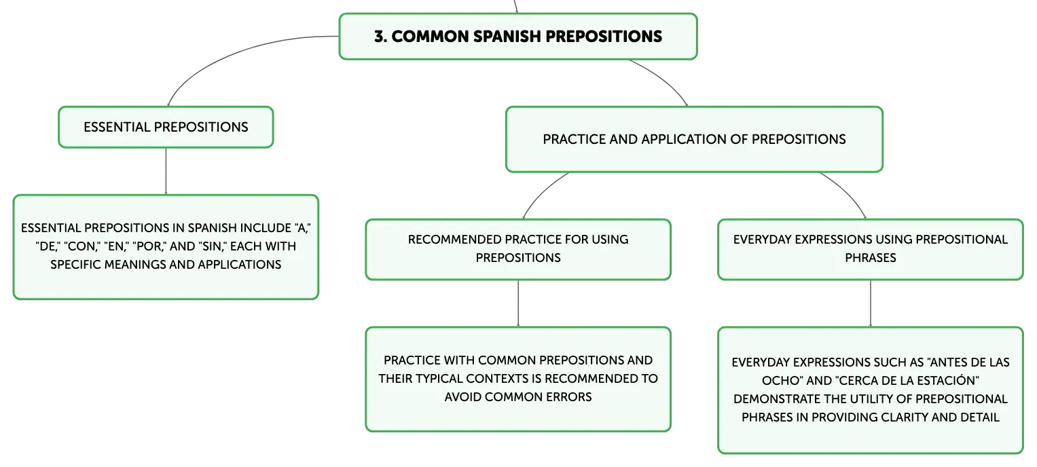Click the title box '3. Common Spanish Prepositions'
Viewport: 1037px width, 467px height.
coord(518,36)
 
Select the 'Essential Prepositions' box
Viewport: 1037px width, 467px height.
coord(166,127)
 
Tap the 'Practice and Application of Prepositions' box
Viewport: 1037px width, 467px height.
coord(694,139)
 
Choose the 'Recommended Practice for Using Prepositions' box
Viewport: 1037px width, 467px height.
coord(518,249)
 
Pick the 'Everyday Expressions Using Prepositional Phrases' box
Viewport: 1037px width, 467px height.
coord(871,249)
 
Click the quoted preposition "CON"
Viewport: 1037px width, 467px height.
coord(82,246)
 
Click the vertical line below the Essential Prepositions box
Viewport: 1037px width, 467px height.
coord(166,171)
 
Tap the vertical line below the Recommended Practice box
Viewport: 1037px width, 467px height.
coord(518,303)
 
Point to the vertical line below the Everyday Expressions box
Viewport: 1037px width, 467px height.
coord(871,303)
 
